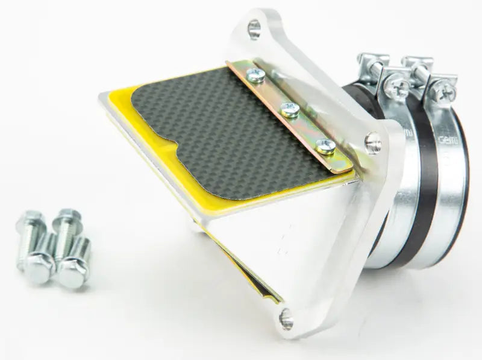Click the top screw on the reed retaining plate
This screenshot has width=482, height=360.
coord(255,75)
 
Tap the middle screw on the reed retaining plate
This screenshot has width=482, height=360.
coord(290,109)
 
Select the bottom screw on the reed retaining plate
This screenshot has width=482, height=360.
coord(325,145)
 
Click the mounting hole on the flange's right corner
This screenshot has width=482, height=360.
coord(373,143)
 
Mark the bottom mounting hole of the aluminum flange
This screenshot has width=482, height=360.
coord(286,318)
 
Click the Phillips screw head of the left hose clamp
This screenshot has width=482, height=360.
coord(396,88)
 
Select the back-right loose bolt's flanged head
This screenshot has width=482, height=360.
coord(66,216)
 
